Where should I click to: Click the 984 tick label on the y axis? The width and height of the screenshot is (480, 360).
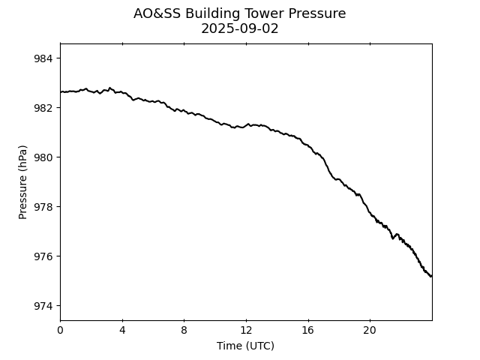click(x=43, y=58)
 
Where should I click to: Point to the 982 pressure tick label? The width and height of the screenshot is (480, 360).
click(x=43, y=108)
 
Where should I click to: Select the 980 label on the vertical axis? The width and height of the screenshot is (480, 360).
click(x=43, y=157)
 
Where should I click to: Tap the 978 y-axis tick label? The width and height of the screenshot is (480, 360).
click(x=43, y=207)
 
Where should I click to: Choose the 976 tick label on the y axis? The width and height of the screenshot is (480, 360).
click(x=43, y=256)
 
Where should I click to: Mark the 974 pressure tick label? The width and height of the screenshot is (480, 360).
click(x=43, y=306)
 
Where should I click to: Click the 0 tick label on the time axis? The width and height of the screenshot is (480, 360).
click(x=60, y=331)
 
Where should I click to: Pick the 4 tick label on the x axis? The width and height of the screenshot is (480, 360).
click(x=122, y=331)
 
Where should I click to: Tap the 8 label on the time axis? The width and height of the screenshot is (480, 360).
click(x=184, y=331)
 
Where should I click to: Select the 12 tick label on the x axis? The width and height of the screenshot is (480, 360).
click(x=246, y=331)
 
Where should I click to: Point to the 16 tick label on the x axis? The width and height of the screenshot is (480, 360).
click(x=307, y=331)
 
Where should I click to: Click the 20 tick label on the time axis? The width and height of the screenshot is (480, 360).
click(x=370, y=331)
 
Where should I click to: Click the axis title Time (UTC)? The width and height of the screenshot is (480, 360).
click(x=245, y=346)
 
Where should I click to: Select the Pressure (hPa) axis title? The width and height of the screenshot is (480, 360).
click(x=23, y=181)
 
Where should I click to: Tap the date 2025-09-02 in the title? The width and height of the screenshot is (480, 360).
click(x=240, y=29)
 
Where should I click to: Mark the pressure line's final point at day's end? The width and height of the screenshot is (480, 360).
click(x=431, y=276)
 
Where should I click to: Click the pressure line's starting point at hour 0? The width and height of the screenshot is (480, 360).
click(x=61, y=92)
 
